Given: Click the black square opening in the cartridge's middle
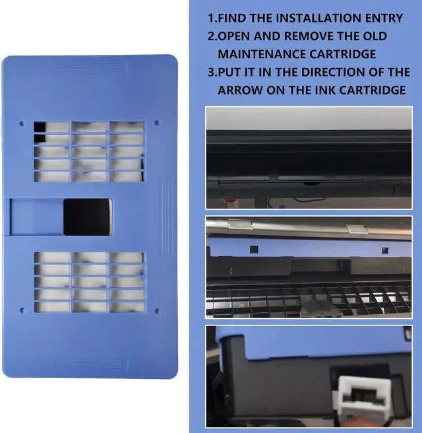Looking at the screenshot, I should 86,216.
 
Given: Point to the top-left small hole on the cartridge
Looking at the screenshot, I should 23,123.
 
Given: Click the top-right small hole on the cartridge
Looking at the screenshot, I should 156,123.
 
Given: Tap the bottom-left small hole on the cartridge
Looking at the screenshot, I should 23,310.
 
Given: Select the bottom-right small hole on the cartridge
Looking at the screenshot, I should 156,310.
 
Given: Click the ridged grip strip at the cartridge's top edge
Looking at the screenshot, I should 90,68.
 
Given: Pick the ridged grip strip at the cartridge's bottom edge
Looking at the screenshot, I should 90,364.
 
